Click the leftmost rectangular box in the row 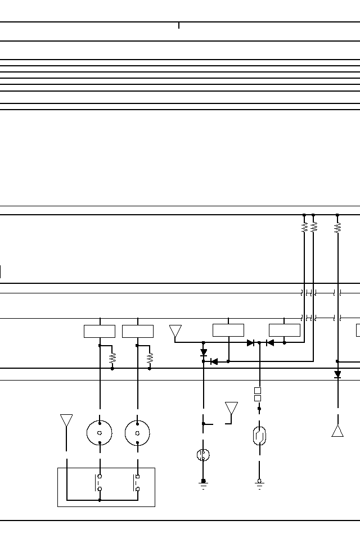[x=99, y=331]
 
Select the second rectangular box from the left [x=137, y=331]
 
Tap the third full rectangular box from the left [x=228, y=331]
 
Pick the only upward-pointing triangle [x=337, y=431]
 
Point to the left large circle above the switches [x=100, y=433]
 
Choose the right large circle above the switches [x=137, y=433]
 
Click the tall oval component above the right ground [x=259, y=436]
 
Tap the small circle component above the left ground [x=204, y=455]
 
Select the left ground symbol [x=204, y=484]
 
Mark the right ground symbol [x=259, y=484]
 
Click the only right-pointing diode [x=251, y=343]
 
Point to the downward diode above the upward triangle [x=337, y=374]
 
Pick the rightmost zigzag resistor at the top [x=337, y=227]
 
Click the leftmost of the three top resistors [x=304, y=227]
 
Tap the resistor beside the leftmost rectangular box [x=112, y=357]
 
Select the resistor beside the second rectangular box [x=150, y=357]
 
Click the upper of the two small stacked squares [x=258, y=390]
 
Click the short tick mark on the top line [x=179, y=25]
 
